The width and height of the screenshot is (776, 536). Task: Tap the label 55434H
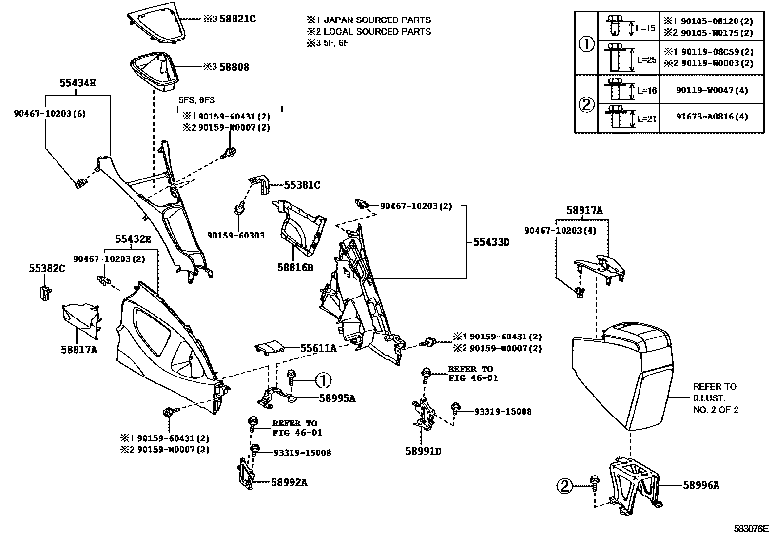coord(78,83)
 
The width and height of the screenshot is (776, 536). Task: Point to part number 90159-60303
coord(235,236)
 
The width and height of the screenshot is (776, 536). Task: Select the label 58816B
coord(295,268)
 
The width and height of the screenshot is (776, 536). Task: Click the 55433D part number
coord(491,242)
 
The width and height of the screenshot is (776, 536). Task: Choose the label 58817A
coord(79,349)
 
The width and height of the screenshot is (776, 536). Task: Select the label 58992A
coord(289,482)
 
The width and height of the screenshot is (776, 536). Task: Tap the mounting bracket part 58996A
coord(634,483)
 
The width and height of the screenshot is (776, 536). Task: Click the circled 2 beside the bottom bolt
coord(564,485)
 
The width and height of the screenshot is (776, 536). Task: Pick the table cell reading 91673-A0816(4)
coord(711,117)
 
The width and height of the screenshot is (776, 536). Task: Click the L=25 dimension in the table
coord(646,60)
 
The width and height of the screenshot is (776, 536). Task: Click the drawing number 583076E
coord(751,528)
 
